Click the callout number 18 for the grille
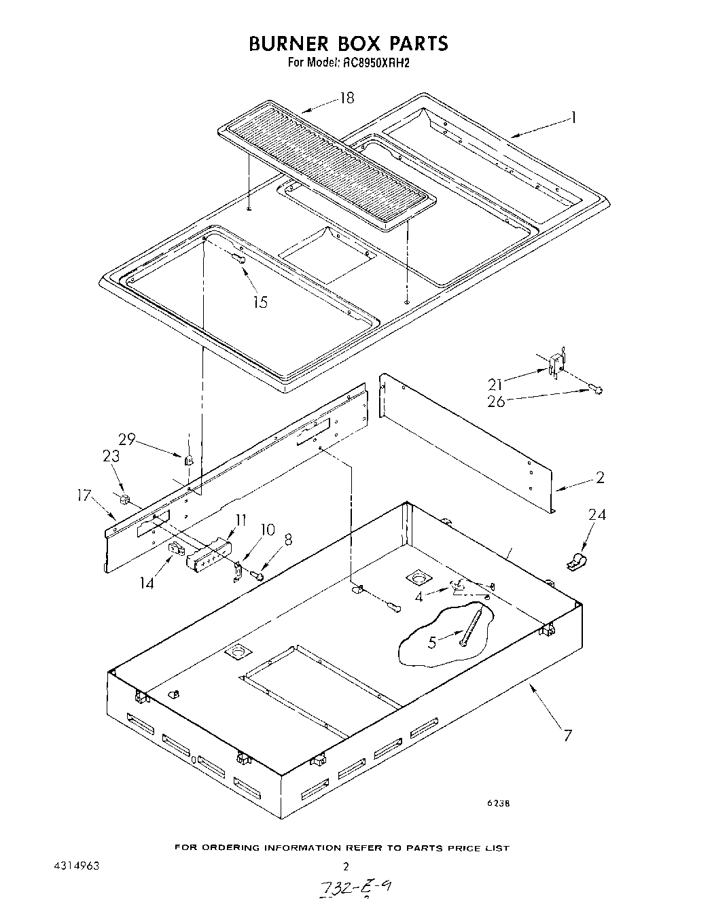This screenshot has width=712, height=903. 346,98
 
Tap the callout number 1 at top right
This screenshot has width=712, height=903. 573,118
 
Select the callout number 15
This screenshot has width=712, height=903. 260,302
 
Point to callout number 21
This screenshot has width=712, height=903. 496,385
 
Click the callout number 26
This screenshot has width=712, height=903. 496,402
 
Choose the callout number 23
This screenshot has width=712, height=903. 111,457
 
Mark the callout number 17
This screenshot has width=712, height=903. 84,496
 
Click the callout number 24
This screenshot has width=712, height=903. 597,514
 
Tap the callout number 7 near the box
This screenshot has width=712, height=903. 568,734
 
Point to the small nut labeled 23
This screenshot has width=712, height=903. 124,501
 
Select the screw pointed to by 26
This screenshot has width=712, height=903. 595,389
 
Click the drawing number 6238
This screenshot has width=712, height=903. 497,803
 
